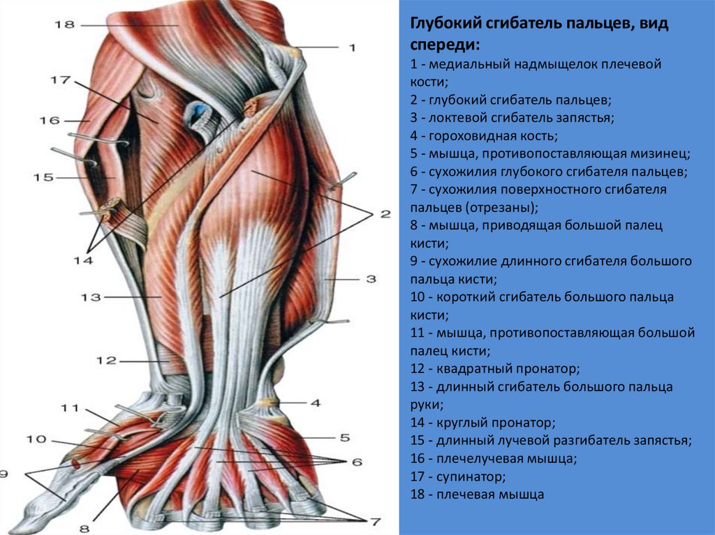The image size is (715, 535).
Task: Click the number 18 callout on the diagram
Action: coord(64,25)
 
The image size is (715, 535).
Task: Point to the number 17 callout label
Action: coord(60,80)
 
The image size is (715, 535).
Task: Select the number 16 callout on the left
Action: coord(49,120)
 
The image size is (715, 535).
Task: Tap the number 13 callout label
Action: coord(91,297)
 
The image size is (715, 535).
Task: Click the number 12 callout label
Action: coord(106,361)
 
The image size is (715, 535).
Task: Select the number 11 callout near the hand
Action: coord(71,408)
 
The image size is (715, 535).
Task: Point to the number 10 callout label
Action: coord(36,439)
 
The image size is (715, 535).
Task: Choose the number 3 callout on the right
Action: coord(371,279)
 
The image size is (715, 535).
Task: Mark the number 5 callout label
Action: coord(344,438)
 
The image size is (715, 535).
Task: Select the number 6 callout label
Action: coord(357,462)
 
